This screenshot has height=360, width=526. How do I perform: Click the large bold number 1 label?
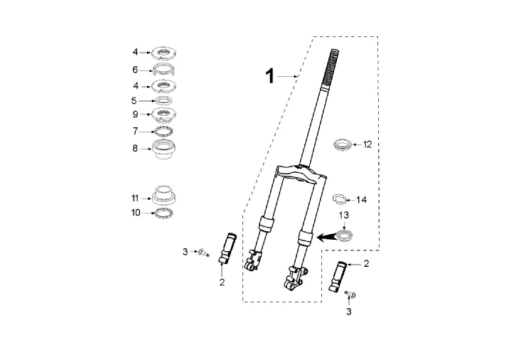pos(269,76)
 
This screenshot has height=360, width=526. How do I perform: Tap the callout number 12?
pos(367,144)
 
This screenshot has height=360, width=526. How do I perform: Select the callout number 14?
pos(361,200)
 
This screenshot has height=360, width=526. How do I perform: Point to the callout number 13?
pos(344,215)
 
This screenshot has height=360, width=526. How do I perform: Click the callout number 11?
pos(135,198)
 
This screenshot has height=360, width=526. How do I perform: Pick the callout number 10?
pos(136,213)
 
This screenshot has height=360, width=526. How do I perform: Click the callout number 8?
pos(135,148)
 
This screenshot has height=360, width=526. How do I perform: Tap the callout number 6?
pos(135,70)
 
